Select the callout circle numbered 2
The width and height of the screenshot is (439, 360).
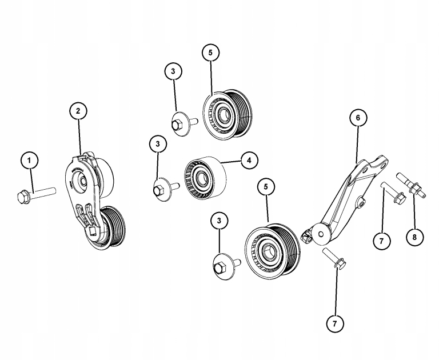[x=78, y=110]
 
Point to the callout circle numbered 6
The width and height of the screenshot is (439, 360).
[x=358, y=118]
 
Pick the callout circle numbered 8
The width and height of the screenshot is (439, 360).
[x=410, y=235]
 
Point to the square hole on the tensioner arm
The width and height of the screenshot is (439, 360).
[x=91, y=231]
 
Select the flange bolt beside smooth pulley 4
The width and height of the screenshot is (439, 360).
[x=163, y=187]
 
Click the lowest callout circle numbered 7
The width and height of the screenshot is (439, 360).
[x=336, y=323]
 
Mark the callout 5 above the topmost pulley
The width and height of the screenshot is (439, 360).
[x=210, y=52]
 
